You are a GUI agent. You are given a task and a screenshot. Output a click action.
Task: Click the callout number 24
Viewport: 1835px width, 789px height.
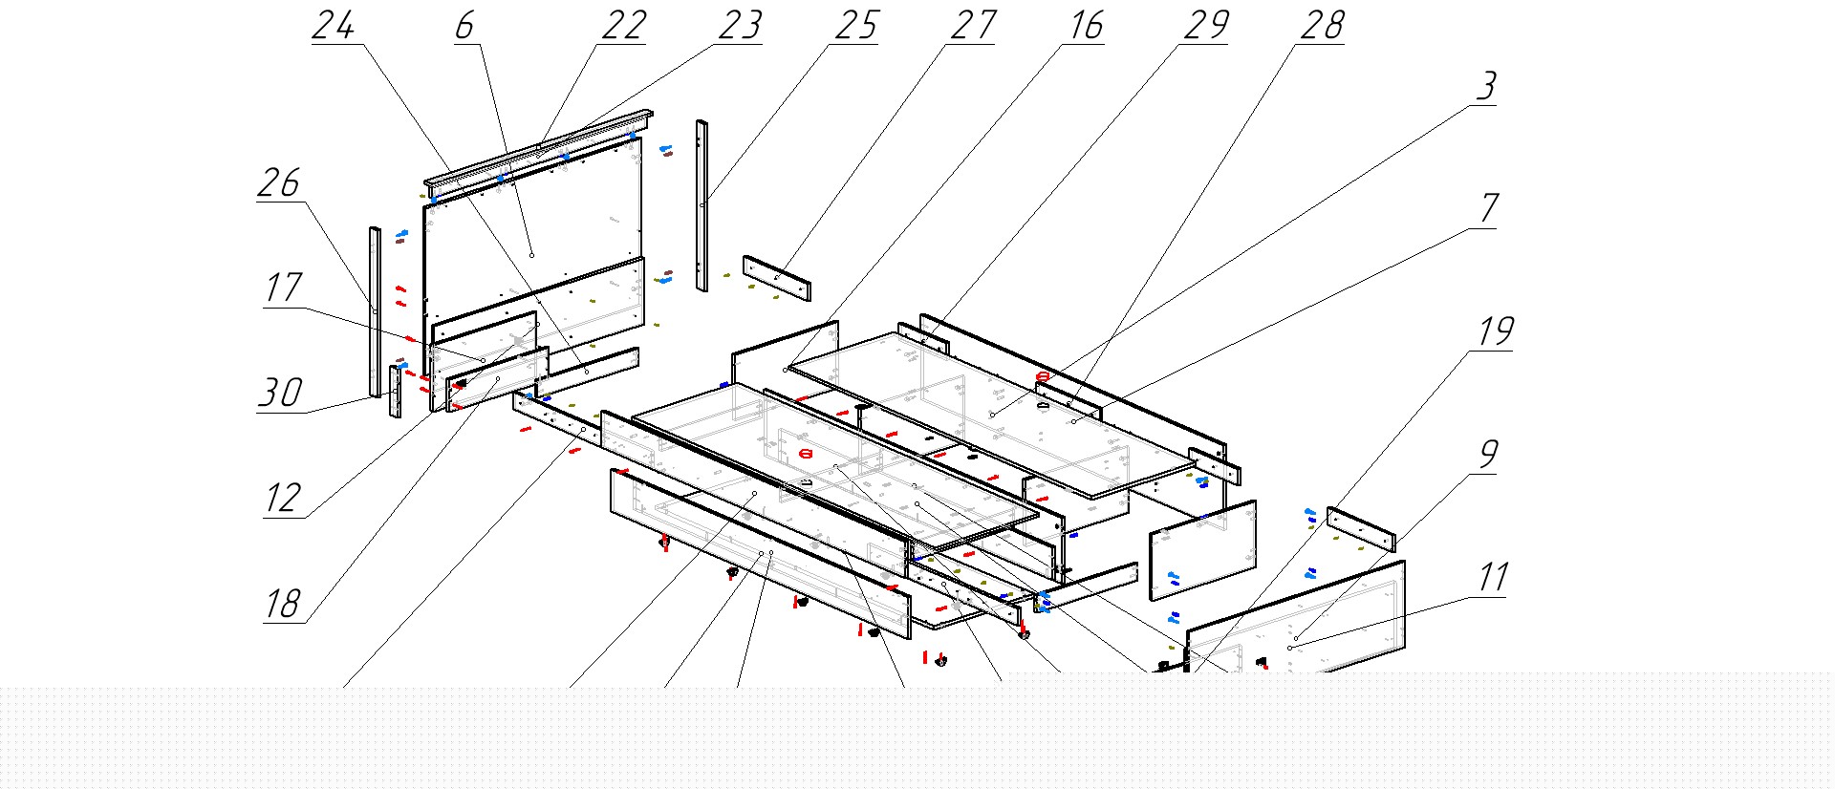tap(334, 25)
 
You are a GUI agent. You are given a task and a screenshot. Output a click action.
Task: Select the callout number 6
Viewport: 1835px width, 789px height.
tap(464, 25)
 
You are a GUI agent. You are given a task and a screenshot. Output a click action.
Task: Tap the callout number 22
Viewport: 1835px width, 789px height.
tap(624, 25)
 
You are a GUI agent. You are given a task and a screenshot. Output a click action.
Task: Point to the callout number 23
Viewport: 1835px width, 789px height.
tap(741, 25)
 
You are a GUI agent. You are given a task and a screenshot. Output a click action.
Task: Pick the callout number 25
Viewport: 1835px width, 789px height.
tap(856, 25)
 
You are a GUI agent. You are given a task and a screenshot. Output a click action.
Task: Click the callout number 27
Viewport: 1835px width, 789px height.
tap(974, 25)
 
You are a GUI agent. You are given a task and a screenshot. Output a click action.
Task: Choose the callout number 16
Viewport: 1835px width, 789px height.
tap(1087, 25)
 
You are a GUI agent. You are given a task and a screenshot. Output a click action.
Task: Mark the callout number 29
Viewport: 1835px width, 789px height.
tap(1206, 25)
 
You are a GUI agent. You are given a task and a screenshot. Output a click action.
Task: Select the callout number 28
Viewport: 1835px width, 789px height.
tap(1323, 25)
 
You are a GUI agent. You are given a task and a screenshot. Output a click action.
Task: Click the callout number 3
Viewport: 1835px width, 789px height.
tap(1486, 86)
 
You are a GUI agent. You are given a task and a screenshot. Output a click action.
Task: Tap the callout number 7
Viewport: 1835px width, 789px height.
tap(1489, 208)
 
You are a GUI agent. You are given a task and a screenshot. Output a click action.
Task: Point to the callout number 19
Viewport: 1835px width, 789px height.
tap(1497, 331)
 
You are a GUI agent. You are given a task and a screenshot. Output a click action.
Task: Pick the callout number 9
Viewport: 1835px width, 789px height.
tap(1488, 454)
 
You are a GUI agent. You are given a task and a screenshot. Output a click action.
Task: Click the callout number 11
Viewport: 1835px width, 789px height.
tap(1493, 577)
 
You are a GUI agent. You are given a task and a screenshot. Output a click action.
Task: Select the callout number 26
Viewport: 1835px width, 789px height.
tap(279, 182)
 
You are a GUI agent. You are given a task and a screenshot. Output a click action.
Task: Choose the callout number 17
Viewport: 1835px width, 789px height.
tap(284, 288)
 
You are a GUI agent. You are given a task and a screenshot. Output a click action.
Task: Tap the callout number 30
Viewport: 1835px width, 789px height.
tap(281, 393)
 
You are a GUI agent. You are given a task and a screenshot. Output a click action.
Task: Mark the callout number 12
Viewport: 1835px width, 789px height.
tap(284, 498)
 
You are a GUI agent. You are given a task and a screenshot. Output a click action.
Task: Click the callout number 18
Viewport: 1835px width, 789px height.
tap(284, 604)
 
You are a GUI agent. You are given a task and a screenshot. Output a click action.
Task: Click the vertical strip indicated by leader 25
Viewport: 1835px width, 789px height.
tap(702, 205)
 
